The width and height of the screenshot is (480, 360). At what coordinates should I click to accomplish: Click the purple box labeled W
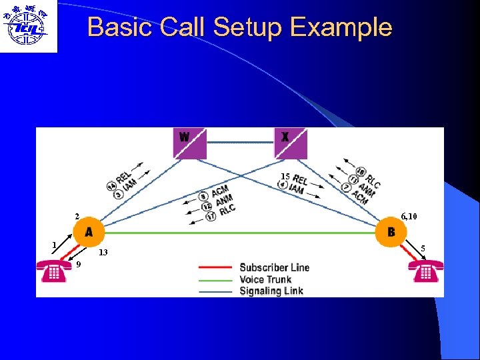point(190,143)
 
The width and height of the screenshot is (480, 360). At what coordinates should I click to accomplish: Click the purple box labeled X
point(291,143)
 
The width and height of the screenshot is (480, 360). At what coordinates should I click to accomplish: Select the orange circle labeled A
point(89,232)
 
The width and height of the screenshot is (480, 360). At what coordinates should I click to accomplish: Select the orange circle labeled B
point(391,232)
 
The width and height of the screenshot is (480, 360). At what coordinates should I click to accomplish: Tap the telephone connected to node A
point(55,272)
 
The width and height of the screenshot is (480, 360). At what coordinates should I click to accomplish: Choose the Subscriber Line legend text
point(275,267)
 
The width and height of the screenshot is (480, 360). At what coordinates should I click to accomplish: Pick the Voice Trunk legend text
point(265,279)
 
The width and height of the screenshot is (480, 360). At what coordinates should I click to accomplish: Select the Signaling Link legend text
point(271,291)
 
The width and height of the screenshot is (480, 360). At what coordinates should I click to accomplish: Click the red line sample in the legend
point(215,268)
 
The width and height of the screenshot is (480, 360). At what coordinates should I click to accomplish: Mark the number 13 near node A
point(103,253)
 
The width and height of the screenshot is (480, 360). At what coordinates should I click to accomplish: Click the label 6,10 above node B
point(409,217)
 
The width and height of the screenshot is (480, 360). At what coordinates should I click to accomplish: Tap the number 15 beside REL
point(285,176)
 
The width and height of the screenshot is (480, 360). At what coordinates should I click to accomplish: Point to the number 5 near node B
point(423,248)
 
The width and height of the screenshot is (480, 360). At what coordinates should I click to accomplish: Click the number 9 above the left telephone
point(79,264)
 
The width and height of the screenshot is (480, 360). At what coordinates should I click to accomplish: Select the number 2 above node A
point(77,217)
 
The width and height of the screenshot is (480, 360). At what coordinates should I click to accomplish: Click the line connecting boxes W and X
point(240,142)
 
